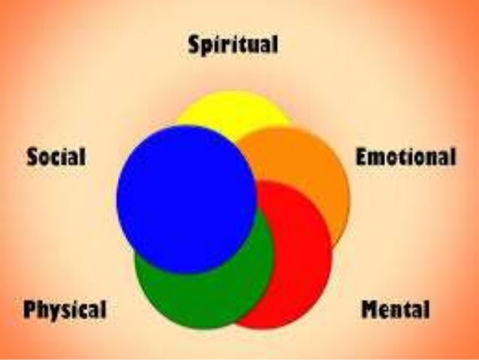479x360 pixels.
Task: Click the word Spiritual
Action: [x=233, y=45]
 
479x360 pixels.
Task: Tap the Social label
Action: [x=56, y=159]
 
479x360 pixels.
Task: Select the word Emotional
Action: [x=405, y=158]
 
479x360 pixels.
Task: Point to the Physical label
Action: [x=65, y=309]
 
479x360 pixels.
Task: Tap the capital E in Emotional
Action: [x=360, y=158]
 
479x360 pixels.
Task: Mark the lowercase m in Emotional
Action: [x=375, y=159]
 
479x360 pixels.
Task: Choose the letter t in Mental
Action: [x=410, y=309]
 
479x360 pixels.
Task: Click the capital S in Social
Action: [x=32, y=159]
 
